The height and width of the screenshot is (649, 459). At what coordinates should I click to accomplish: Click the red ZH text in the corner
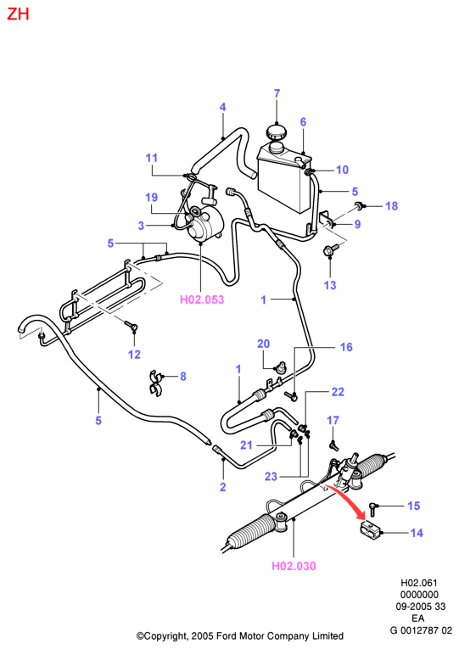[18, 14]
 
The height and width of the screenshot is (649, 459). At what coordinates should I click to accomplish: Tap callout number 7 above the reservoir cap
[277, 93]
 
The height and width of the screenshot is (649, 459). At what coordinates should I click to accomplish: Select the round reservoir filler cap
[276, 132]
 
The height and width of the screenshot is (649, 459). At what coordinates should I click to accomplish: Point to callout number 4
[222, 107]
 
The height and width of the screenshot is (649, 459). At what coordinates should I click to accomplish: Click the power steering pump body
[204, 225]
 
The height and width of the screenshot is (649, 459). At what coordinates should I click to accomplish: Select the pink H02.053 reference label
[202, 299]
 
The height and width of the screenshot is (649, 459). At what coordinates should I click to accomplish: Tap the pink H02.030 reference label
[294, 566]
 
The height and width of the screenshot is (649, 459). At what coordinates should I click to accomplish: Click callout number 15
[413, 506]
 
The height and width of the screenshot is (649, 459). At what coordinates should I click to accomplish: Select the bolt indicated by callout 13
[331, 249]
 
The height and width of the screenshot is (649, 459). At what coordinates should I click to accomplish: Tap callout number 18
[391, 206]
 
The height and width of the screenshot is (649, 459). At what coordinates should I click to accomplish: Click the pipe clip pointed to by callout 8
[155, 383]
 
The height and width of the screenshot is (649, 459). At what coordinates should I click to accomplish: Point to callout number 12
[134, 355]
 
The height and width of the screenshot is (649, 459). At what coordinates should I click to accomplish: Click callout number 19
[152, 197]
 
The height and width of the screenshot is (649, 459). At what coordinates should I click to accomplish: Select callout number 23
[271, 477]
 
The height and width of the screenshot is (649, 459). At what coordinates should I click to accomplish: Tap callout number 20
[263, 344]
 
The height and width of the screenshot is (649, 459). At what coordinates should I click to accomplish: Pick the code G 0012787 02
[421, 630]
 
